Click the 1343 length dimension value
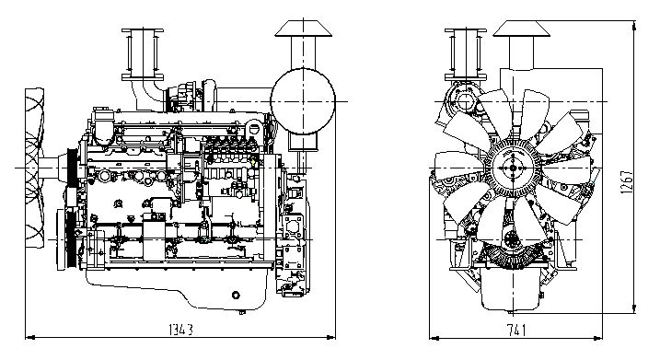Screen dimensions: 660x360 point(180,330)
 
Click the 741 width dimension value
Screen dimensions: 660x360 point(516,331)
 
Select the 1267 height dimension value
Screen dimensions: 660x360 point(627,181)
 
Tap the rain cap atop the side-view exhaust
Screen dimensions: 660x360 point(304,29)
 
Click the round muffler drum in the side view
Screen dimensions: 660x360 point(303,101)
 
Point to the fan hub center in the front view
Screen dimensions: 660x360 point(513,168)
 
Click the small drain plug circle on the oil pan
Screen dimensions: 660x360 point(236,295)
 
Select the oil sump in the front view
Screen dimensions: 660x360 point(510,288)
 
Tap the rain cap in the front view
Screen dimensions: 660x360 point(522,29)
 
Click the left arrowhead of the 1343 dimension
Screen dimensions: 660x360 point(29,337)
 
